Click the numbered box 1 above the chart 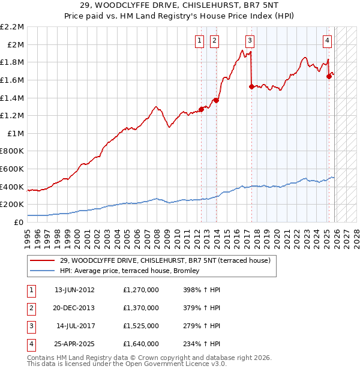point(199,41)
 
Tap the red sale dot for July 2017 point(251,86)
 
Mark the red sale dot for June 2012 point(202,109)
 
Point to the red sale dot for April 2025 point(329,76)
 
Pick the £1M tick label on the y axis point(16,133)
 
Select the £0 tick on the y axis point(19,222)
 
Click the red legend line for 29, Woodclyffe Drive point(42,260)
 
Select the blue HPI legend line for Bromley point(42,271)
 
